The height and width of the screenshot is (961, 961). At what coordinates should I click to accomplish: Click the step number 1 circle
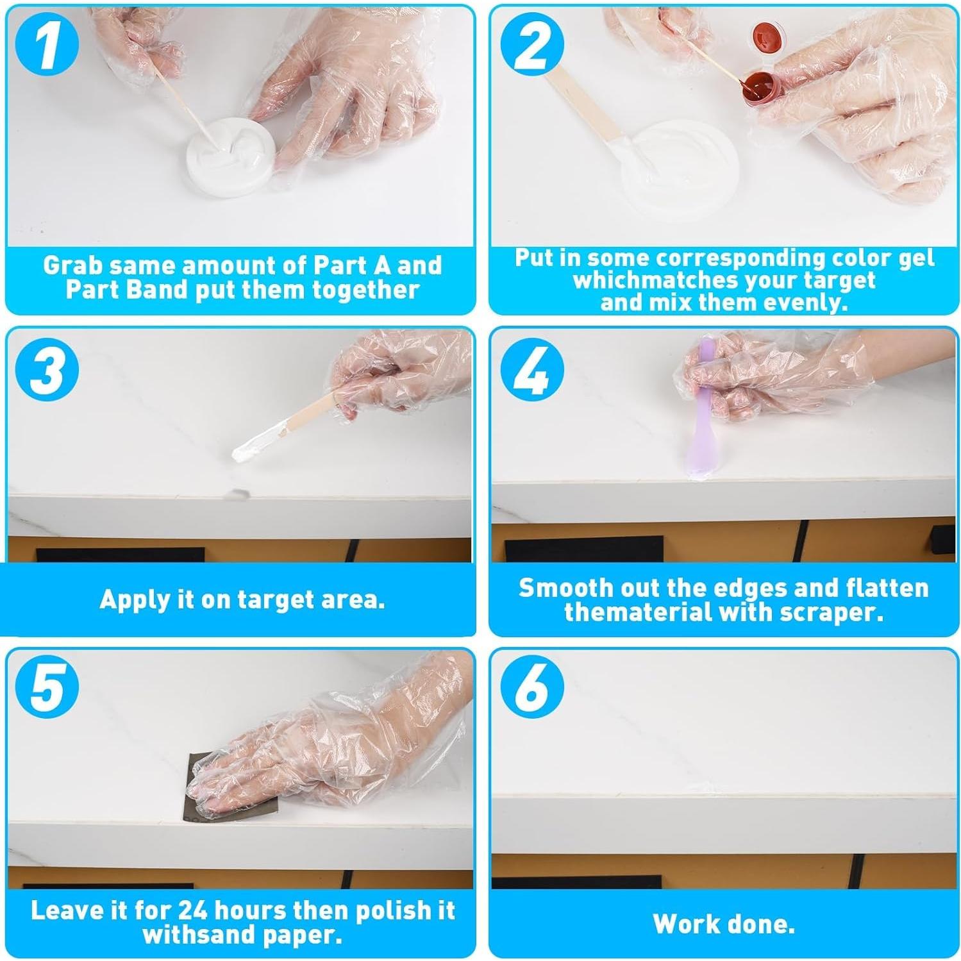(x=47, y=47)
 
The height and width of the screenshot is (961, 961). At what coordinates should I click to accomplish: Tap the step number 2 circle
(x=531, y=47)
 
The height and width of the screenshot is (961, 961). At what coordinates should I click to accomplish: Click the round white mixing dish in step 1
(x=231, y=157)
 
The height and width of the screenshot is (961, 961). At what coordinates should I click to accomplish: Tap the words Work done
(x=723, y=924)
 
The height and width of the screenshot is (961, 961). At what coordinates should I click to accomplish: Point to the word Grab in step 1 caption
(x=71, y=265)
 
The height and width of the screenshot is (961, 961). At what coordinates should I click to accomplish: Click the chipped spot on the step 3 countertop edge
(x=238, y=494)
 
